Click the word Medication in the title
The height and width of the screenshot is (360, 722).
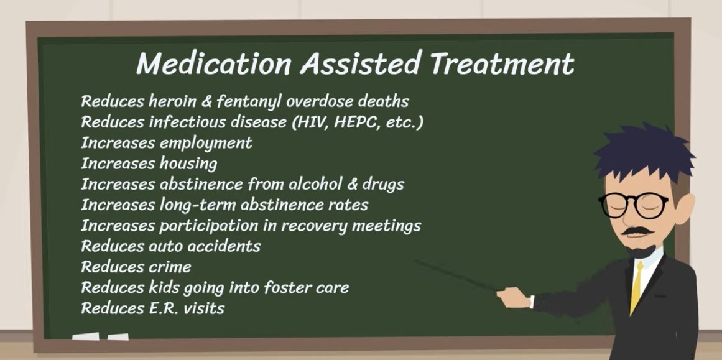[x=213, y=63]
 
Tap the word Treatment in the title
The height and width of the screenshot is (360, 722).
[x=502, y=63]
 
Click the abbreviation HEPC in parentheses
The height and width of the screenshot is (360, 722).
[x=357, y=122]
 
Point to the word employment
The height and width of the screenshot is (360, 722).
[x=205, y=143]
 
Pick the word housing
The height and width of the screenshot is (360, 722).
[x=188, y=164]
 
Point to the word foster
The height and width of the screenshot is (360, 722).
[x=280, y=288]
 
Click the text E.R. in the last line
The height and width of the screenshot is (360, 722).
[x=164, y=308]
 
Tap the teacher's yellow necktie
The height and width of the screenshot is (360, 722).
[x=637, y=287]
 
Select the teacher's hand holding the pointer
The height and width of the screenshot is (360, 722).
[x=514, y=298]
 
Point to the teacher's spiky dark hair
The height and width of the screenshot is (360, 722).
[x=645, y=152]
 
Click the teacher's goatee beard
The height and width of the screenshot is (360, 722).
[x=641, y=252]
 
